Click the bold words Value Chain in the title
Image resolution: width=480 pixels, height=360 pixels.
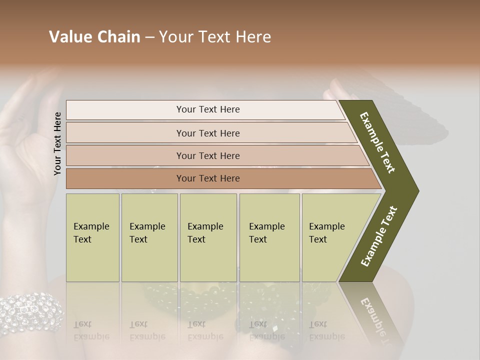click(x=94, y=37)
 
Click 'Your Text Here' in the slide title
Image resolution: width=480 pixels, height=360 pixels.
click(x=215, y=37)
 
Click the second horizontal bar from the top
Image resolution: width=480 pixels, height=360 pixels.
click(x=207, y=133)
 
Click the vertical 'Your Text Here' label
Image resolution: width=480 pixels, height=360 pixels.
click(x=57, y=143)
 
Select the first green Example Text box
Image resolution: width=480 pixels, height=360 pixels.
click(x=92, y=237)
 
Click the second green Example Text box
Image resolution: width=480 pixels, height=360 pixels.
click(x=149, y=237)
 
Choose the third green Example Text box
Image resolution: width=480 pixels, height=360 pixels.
click(x=208, y=237)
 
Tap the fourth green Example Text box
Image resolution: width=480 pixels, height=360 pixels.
click(x=269, y=237)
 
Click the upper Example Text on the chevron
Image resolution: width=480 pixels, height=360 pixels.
click(x=377, y=142)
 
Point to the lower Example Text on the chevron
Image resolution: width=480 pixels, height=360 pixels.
click(x=379, y=236)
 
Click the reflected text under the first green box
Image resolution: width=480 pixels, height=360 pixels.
click(x=91, y=330)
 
